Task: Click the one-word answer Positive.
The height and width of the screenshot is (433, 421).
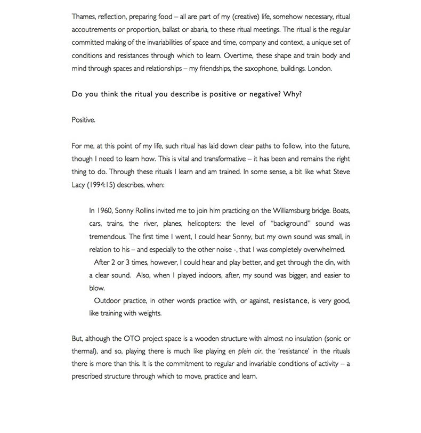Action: pos(83,120)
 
